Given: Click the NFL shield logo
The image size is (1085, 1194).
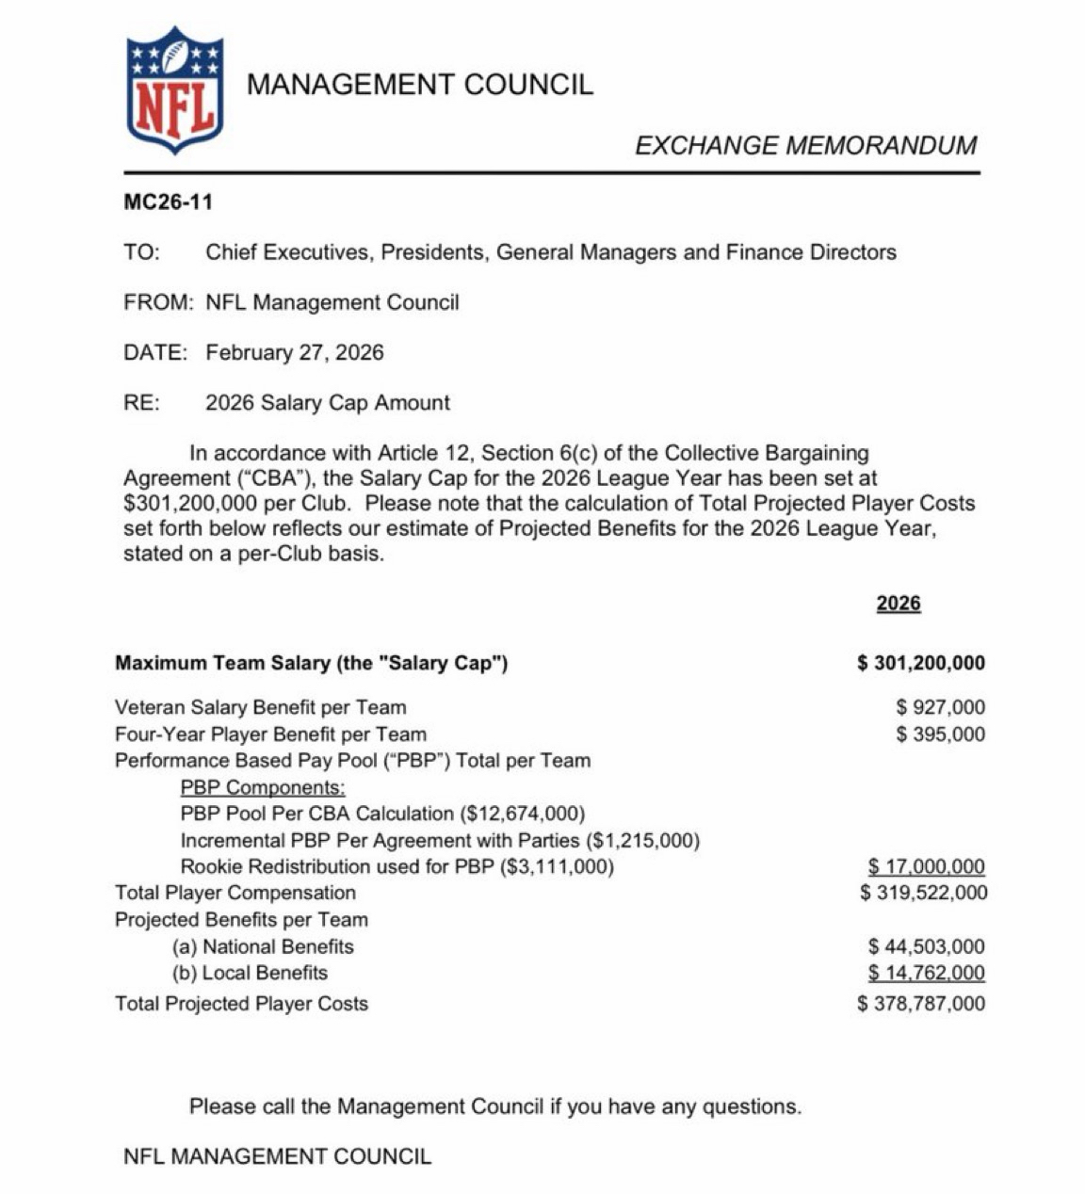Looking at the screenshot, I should tap(174, 90).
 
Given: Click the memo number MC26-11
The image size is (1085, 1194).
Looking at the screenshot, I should tap(168, 202).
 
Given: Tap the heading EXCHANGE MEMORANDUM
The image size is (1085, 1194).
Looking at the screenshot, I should tap(805, 145).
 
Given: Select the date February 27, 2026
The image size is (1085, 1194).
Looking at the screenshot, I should tap(295, 352).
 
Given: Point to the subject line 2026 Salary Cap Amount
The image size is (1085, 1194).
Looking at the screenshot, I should tap(328, 402).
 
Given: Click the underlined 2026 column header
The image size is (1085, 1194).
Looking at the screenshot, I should tap(899, 603).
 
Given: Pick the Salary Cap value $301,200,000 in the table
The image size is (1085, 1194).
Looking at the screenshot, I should tap(921, 663).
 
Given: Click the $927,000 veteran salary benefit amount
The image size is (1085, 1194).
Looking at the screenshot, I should tap(941, 707).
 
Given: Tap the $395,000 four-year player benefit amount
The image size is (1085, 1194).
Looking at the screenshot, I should tap(941, 734).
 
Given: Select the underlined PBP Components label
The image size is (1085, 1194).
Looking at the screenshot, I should tap(263, 787).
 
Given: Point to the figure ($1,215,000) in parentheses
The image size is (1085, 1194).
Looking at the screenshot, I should tap(642, 840).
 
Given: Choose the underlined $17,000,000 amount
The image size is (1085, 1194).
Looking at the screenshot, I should tap(926, 866).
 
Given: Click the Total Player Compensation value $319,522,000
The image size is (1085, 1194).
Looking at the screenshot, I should tap(924, 893).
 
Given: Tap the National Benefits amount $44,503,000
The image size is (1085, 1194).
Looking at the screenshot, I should tap(926, 946).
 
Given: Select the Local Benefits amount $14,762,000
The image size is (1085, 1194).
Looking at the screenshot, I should tap(926, 973).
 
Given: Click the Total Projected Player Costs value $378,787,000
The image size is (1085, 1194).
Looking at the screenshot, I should tap(922, 1004).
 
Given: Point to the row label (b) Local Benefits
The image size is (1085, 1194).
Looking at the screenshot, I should tap(250, 973).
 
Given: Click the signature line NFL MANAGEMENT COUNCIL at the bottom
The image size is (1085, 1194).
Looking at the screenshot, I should tap(277, 1156).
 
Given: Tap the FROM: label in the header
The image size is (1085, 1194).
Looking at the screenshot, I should tap(158, 302).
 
